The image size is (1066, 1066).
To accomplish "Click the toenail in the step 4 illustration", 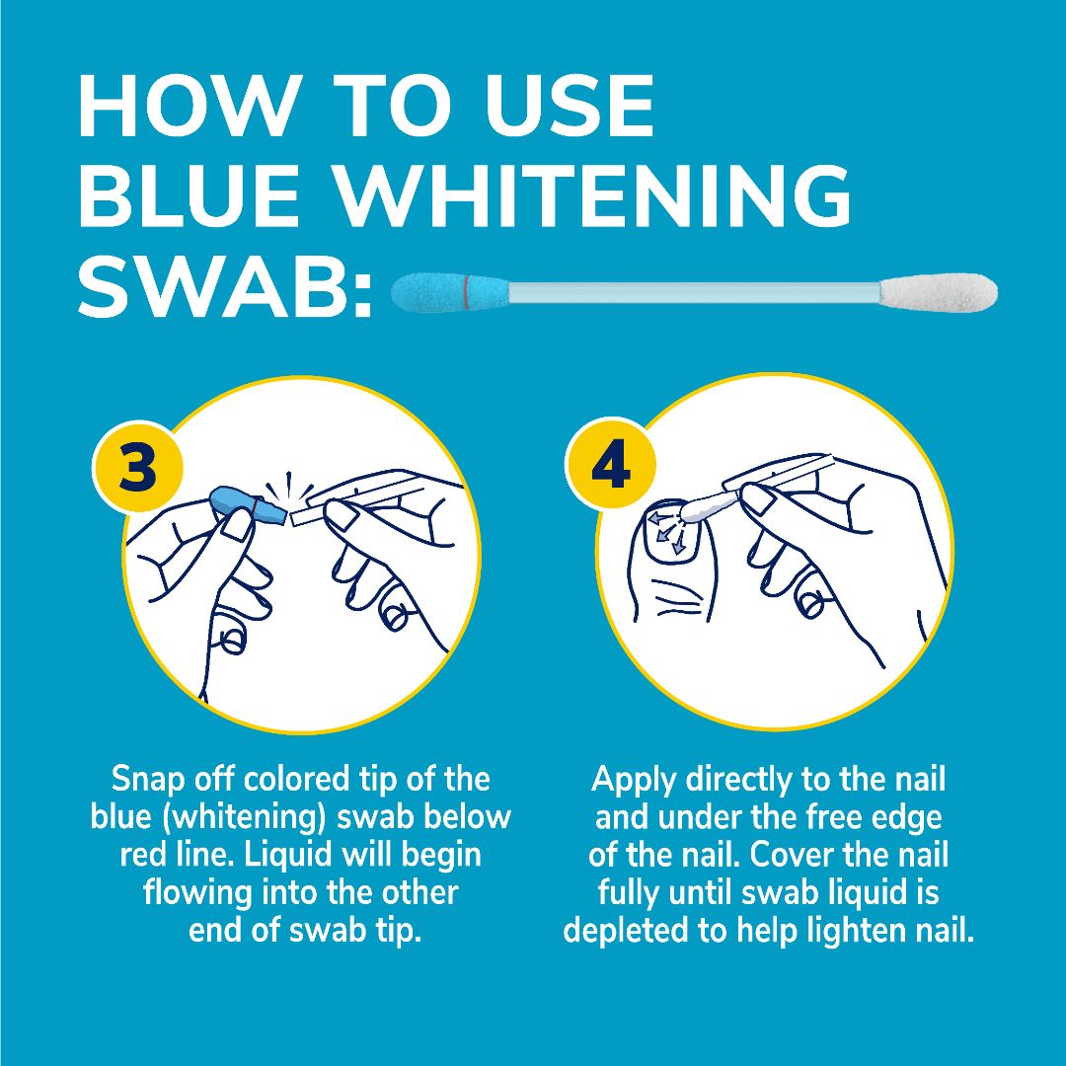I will pyautogui.click(x=667, y=533).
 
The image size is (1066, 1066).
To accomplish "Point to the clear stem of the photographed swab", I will pyautogui.click(x=691, y=293).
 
